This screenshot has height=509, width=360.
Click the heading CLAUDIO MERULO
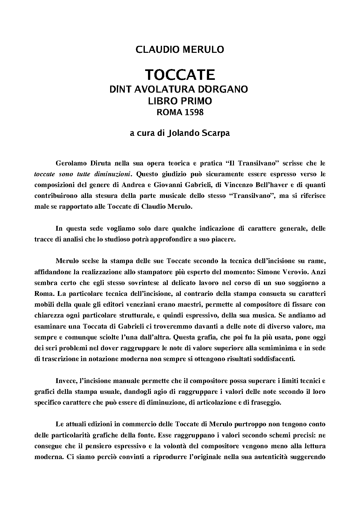(180, 50)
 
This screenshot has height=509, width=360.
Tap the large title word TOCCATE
(180, 75)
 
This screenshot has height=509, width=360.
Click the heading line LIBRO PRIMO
(180, 101)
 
